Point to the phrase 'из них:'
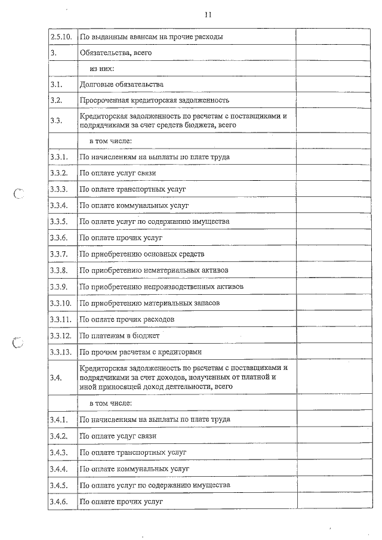tap(102, 69)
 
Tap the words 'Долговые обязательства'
tap(122, 85)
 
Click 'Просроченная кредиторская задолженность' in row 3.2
tap(155, 100)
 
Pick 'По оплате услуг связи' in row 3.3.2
tap(118, 173)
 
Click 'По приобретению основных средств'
tap(142, 254)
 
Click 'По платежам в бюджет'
tap(120, 335)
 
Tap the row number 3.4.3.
tap(60, 452)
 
